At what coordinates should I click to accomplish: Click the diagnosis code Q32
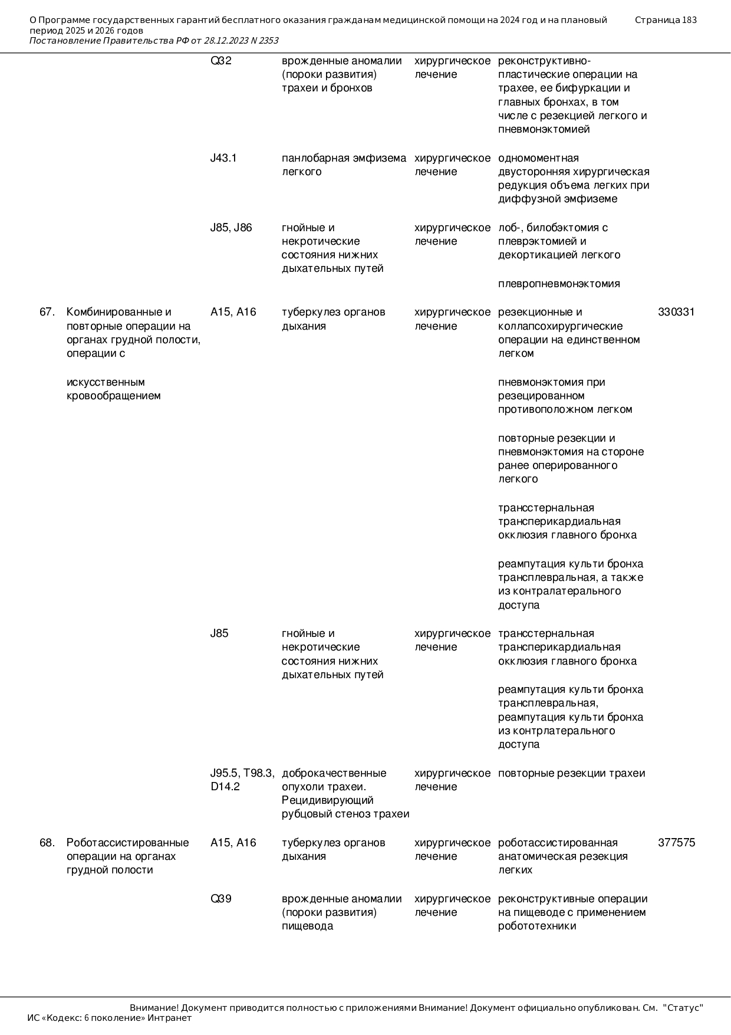[x=221, y=61]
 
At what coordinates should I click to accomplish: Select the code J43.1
[x=223, y=158]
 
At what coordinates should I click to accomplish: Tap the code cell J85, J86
[x=231, y=228]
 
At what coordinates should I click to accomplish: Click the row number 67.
[x=47, y=312]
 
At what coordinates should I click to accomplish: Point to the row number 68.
[x=47, y=843]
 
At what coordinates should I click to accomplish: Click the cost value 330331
[x=676, y=312]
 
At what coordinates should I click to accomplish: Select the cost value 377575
[x=676, y=843]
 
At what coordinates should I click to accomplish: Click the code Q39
[x=221, y=899]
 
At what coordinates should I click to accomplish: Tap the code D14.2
[x=225, y=787]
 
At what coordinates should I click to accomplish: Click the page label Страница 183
[x=666, y=20]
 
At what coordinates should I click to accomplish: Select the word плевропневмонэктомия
[x=559, y=284]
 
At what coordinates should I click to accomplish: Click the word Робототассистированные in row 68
[x=127, y=843]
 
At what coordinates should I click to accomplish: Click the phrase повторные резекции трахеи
[x=571, y=773]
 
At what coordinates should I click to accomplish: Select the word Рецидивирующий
[x=328, y=800]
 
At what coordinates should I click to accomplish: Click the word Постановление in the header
[x=65, y=41]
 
